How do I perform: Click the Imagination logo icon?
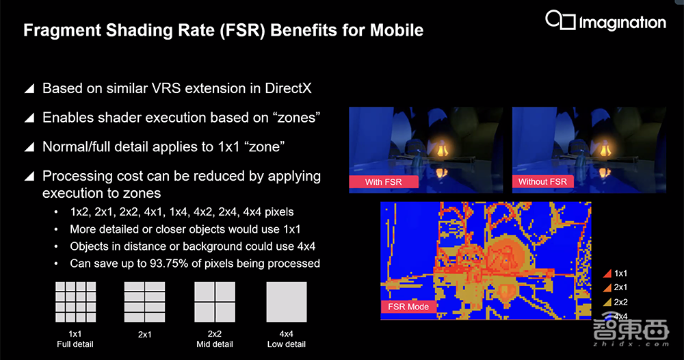tap(561, 20)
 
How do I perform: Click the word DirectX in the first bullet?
tap(289, 88)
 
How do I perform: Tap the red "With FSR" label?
tap(384, 182)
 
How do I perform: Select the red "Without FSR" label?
tap(542, 181)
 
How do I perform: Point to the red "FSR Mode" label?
tap(408, 307)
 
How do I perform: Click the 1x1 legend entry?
tap(615, 274)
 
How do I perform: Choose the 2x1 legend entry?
tap(615, 287)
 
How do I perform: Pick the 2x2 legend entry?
tap(615, 302)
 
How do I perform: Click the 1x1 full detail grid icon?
tap(75, 302)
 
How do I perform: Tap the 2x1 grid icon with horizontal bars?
tap(144, 302)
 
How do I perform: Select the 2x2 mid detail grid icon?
tap(215, 302)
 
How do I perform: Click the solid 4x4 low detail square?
tap(287, 302)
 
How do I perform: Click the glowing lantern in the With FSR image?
tap(443, 149)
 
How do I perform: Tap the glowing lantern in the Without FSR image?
tap(605, 149)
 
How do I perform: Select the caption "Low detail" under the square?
tap(287, 344)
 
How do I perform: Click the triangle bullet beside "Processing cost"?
tap(29, 177)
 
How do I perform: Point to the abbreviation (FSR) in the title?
tap(243, 31)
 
